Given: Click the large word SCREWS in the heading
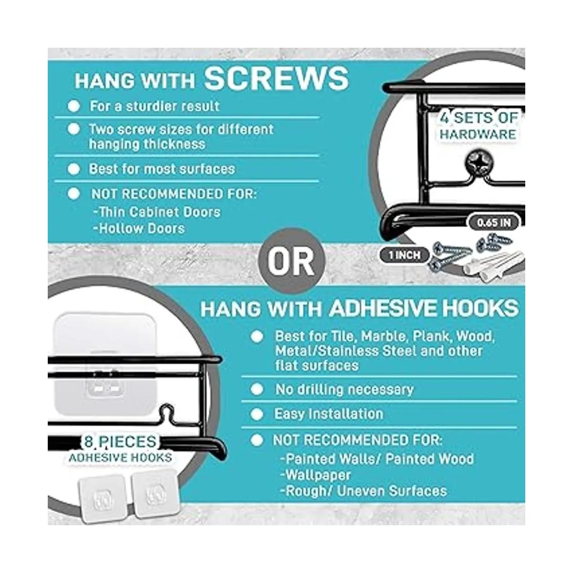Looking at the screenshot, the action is (x=276, y=78).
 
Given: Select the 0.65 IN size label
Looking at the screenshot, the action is (x=494, y=223).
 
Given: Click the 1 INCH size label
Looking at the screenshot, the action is (x=404, y=255).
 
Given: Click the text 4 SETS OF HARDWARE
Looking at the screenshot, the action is (x=478, y=126).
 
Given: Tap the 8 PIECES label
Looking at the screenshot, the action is (x=120, y=442).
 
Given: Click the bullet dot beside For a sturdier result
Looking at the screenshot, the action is (x=74, y=106).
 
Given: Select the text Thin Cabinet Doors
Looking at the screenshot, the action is (x=157, y=212).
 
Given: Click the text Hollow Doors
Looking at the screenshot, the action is (x=139, y=229).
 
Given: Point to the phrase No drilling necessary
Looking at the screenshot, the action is (x=344, y=390).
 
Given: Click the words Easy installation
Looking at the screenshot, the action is (x=329, y=414).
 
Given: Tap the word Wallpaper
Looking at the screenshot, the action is (x=316, y=475).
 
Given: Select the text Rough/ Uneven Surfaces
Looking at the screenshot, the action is (x=364, y=491).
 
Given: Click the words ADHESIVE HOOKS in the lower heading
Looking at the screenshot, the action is (x=424, y=308).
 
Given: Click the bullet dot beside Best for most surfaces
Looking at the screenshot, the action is (x=74, y=169).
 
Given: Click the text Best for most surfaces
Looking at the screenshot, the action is (x=162, y=169).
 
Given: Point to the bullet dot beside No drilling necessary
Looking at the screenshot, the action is (x=257, y=389).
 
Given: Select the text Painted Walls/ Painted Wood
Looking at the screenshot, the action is (x=377, y=459).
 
